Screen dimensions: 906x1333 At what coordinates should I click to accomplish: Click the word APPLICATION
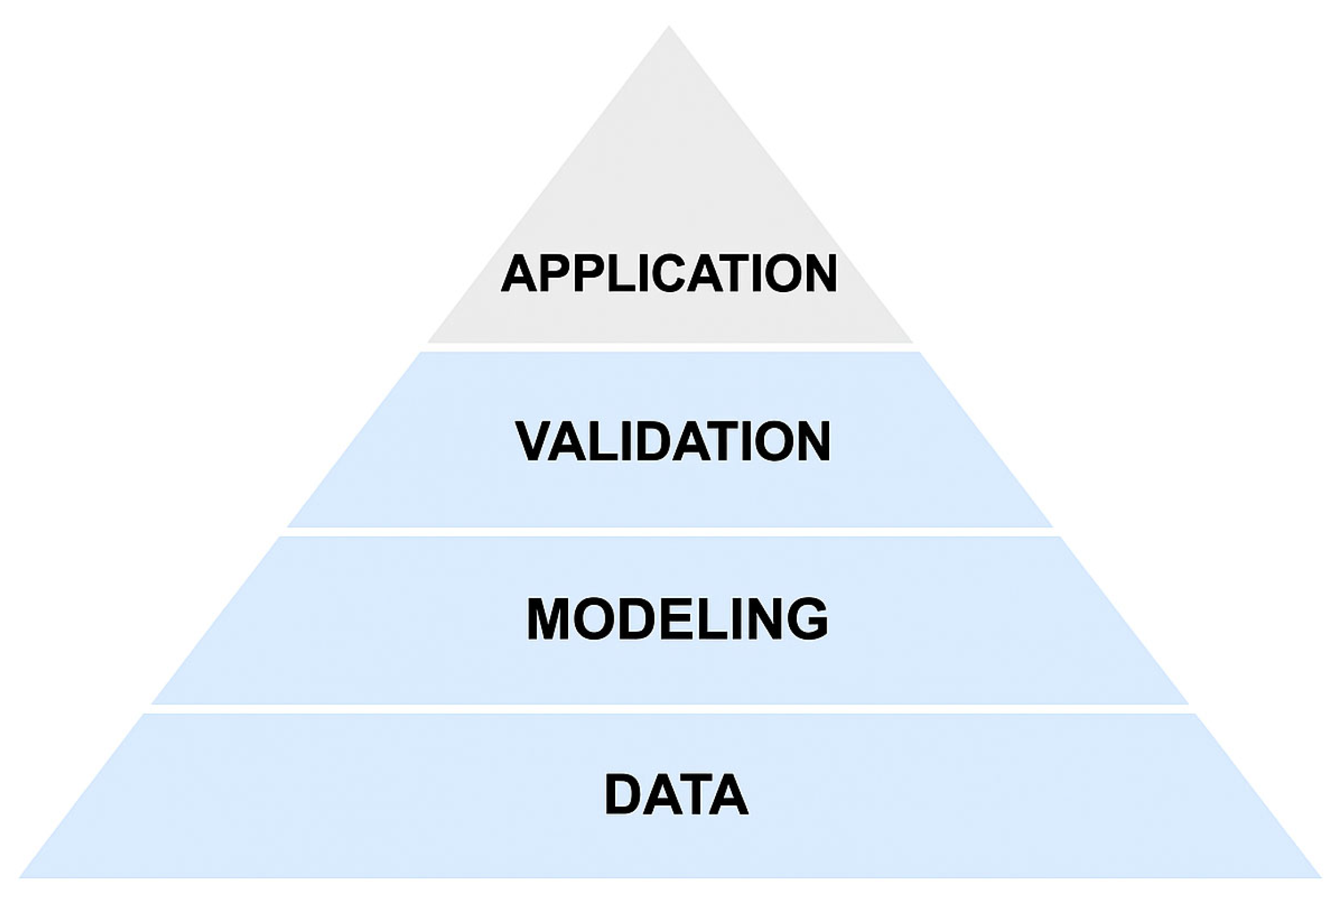[x=669, y=273]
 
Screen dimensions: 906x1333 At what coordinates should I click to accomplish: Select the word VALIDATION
[x=673, y=442]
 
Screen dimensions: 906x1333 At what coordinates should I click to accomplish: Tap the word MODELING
[x=677, y=619]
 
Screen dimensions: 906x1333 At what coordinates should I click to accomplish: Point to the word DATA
[x=676, y=795]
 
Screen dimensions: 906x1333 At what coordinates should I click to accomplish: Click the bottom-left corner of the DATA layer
[x=22, y=876]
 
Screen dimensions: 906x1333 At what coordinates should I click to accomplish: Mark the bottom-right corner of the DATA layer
[x=1319, y=876]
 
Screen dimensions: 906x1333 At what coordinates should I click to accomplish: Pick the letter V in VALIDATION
[x=536, y=442]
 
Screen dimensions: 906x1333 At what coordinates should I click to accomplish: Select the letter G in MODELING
[x=807, y=619]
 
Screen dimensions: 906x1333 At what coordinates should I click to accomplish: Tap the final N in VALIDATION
[x=811, y=442]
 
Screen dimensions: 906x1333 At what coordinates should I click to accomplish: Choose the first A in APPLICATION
[x=519, y=273]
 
